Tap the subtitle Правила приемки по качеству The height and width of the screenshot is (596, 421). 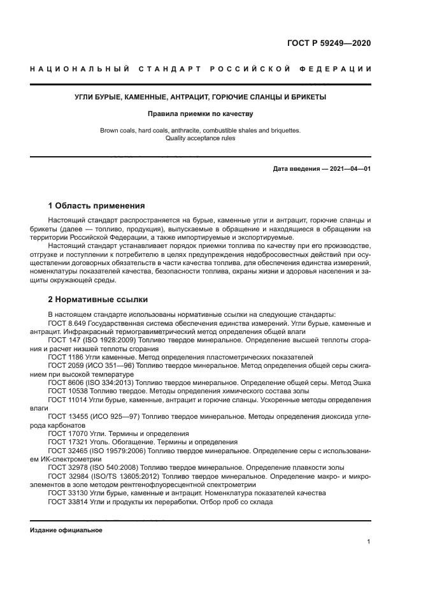201,114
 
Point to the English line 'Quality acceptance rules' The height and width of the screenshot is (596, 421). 201,138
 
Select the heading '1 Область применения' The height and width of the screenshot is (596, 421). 97,206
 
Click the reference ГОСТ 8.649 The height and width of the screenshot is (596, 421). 64,323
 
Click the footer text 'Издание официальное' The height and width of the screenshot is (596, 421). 66,530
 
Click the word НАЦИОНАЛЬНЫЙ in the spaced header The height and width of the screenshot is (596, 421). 76,69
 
